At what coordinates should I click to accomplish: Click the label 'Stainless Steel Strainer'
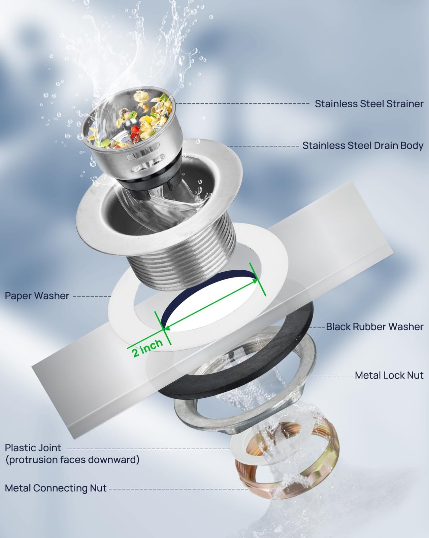click(369, 104)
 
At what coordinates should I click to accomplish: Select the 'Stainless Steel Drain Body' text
click(363, 146)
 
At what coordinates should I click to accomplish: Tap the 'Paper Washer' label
click(37, 296)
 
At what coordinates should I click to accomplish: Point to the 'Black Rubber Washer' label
click(375, 326)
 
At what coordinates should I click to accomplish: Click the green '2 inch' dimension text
click(147, 347)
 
